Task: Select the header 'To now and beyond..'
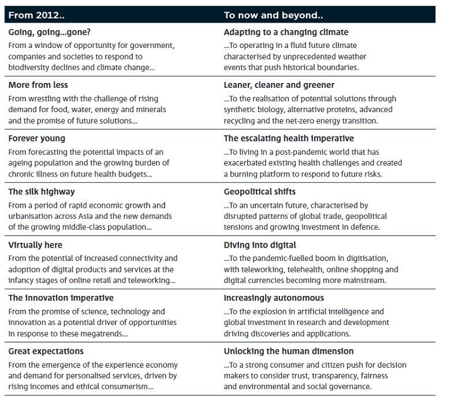(264, 15)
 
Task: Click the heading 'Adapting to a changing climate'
(286, 32)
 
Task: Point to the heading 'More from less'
(38, 85)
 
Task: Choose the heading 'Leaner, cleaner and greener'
(279, 85)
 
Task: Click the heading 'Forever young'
(36, 139)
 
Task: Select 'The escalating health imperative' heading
(289, 139)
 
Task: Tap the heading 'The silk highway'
(42, 192)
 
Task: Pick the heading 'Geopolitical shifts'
(259, 192)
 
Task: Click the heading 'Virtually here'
(38, 245)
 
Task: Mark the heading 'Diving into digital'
(260, 245)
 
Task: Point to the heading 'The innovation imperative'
(61, 298)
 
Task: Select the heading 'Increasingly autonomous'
(274, 298)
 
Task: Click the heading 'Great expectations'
(46, 351)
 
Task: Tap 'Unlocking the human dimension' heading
(288, 351)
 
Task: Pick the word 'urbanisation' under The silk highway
(31, 216)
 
